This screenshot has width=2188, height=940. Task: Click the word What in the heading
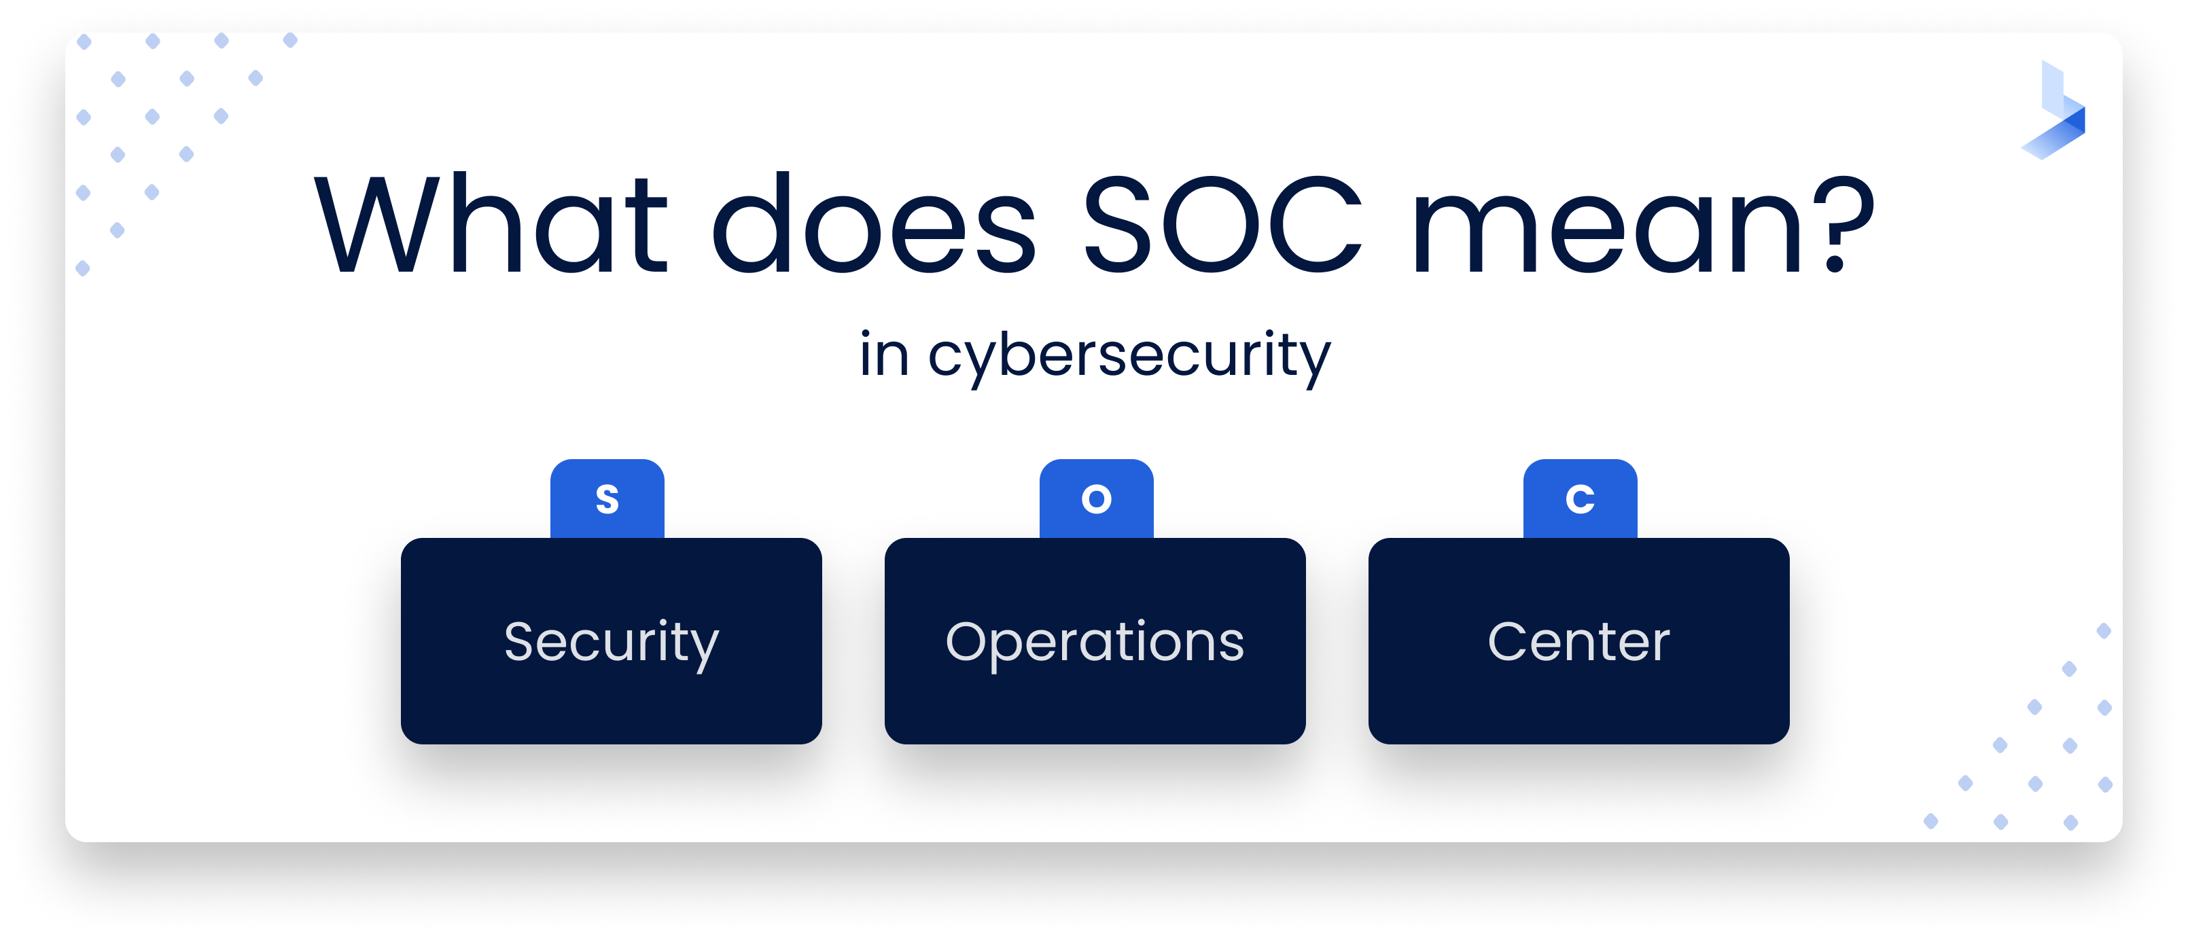click(x=491, y=225)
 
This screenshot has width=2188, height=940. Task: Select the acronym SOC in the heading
click(x=1223, y=225)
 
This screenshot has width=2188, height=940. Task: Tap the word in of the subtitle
click(x=883, y=355)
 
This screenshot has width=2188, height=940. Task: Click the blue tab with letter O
click(x=1095, y=499)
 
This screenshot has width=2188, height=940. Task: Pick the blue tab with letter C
click(x=1579, y=499)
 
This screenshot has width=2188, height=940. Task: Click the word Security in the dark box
click(x=611, y=642)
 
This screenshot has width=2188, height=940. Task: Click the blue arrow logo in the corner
click(x=2055, y=111)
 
